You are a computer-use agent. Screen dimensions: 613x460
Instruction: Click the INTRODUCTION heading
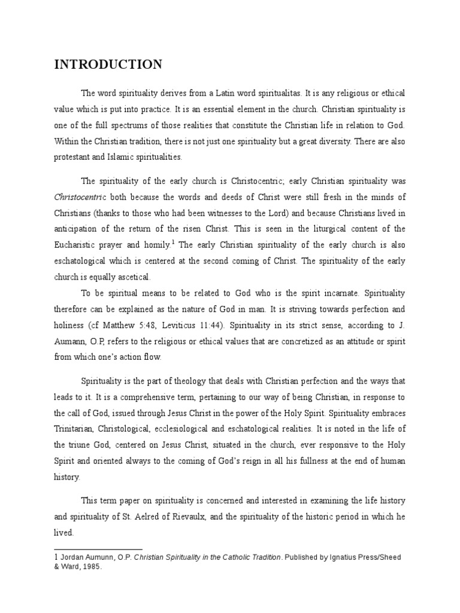tap(108, 65)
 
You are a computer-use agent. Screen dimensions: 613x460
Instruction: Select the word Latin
tap(228, 93)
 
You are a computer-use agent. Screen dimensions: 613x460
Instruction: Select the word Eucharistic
tap(78, 245)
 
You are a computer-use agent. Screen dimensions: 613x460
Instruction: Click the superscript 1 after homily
tap(172, 242)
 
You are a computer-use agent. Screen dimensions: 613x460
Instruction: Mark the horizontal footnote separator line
tap(98, 549)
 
